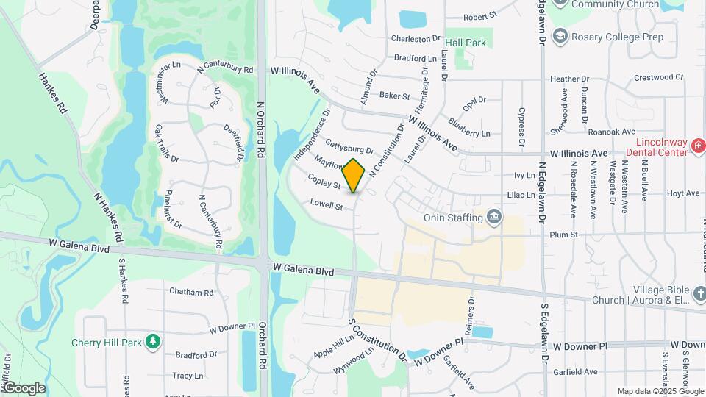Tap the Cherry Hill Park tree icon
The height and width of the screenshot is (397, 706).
coord(153,342)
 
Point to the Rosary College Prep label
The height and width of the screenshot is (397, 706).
coord(617,37)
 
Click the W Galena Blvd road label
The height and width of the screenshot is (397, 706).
coord(303,271)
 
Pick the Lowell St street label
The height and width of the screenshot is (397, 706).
coord(327,205)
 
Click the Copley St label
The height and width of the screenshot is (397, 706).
coord(324,182)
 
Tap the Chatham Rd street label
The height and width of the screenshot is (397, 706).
coord(190,292)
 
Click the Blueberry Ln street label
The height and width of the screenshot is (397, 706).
coord(468,128)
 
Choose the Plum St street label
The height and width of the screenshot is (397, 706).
coord(564,235)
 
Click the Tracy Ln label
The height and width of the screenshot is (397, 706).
coord(187,376)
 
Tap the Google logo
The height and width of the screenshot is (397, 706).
coord(24,387)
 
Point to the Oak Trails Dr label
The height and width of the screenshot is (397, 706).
coord(166,143)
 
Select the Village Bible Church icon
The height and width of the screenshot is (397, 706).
coord(699,294)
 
